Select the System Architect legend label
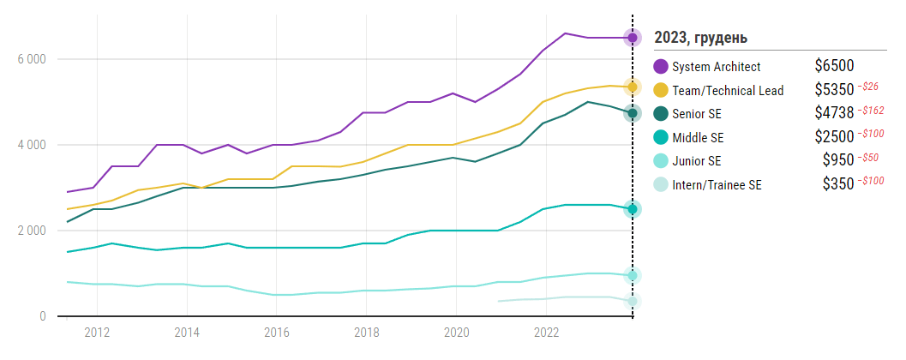click(x=716, y=67)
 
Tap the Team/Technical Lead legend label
click(x=728, y=90)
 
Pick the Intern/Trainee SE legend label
click(x=717, y=184)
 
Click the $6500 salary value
click(x=834, y=67)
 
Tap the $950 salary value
click(x=839, y=161)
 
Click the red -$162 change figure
click(x=871, y=111)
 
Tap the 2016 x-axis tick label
click(x=276, y=333)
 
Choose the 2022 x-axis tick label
click(x=547, y=333)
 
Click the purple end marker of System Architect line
click(x=633, y=38)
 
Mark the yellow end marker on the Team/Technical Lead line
click(x=633, y=87)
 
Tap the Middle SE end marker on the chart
click(x=633, y=209)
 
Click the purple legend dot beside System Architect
click(x=661, y=67)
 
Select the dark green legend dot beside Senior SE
click(x=661, y=113)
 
